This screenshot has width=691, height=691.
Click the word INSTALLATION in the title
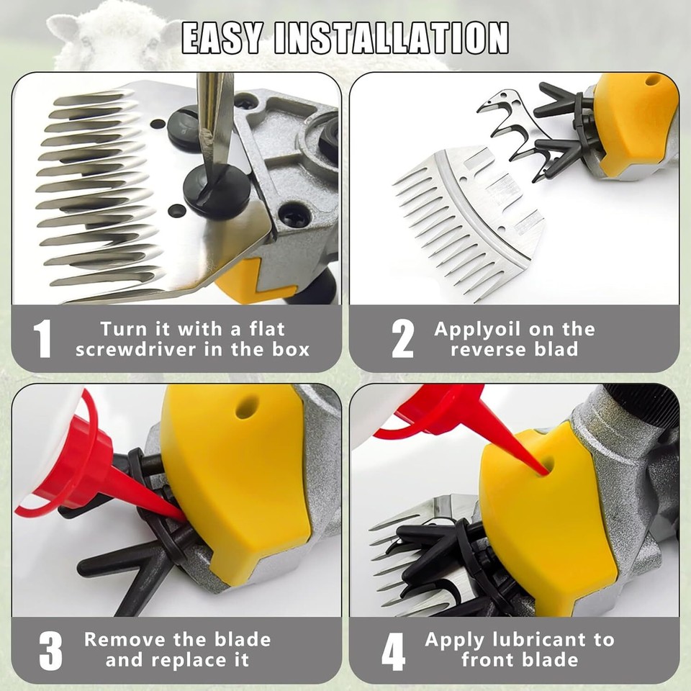392,38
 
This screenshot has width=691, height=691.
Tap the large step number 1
43,338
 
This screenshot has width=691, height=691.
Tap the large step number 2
402,338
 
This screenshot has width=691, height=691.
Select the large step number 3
50,650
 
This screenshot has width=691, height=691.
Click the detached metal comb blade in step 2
468,216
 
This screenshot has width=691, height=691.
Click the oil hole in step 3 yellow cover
245,409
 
